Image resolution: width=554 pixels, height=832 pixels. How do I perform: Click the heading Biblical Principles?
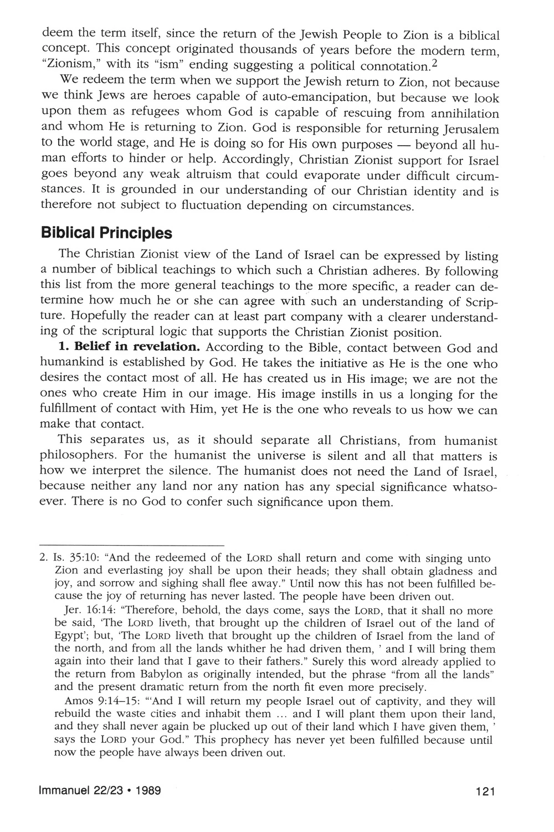pyautogui.click(x=106, y=233)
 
